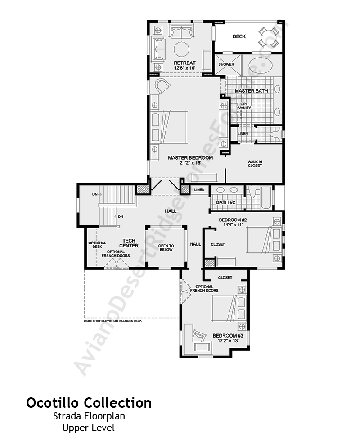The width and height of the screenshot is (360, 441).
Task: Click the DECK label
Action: click(239, 36)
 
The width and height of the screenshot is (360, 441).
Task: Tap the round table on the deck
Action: click(269, 37)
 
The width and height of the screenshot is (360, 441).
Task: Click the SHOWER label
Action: click(226, 64)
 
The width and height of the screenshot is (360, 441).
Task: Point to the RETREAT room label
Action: click(184, 63)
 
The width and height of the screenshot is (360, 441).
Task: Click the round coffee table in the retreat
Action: click(182, 49)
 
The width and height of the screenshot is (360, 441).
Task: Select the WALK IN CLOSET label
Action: click(255, 164)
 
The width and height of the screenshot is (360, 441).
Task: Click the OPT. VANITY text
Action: click(244, 106)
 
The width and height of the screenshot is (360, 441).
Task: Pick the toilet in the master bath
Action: click(275, 134)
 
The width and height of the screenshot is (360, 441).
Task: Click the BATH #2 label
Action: click(225, 202)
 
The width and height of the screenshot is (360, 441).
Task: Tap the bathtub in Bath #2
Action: click(266, 198)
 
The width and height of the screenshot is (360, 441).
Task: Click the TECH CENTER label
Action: click(129, 243)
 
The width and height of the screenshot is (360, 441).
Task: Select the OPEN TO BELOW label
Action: click(166, 248)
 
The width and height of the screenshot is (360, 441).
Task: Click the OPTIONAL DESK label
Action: click(97, 245)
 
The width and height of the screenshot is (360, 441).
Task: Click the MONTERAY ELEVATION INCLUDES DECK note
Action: click(113, 321)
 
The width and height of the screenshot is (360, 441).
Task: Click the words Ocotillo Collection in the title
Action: click(89, 403)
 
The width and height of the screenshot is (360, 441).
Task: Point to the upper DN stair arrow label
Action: click(97, 194)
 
